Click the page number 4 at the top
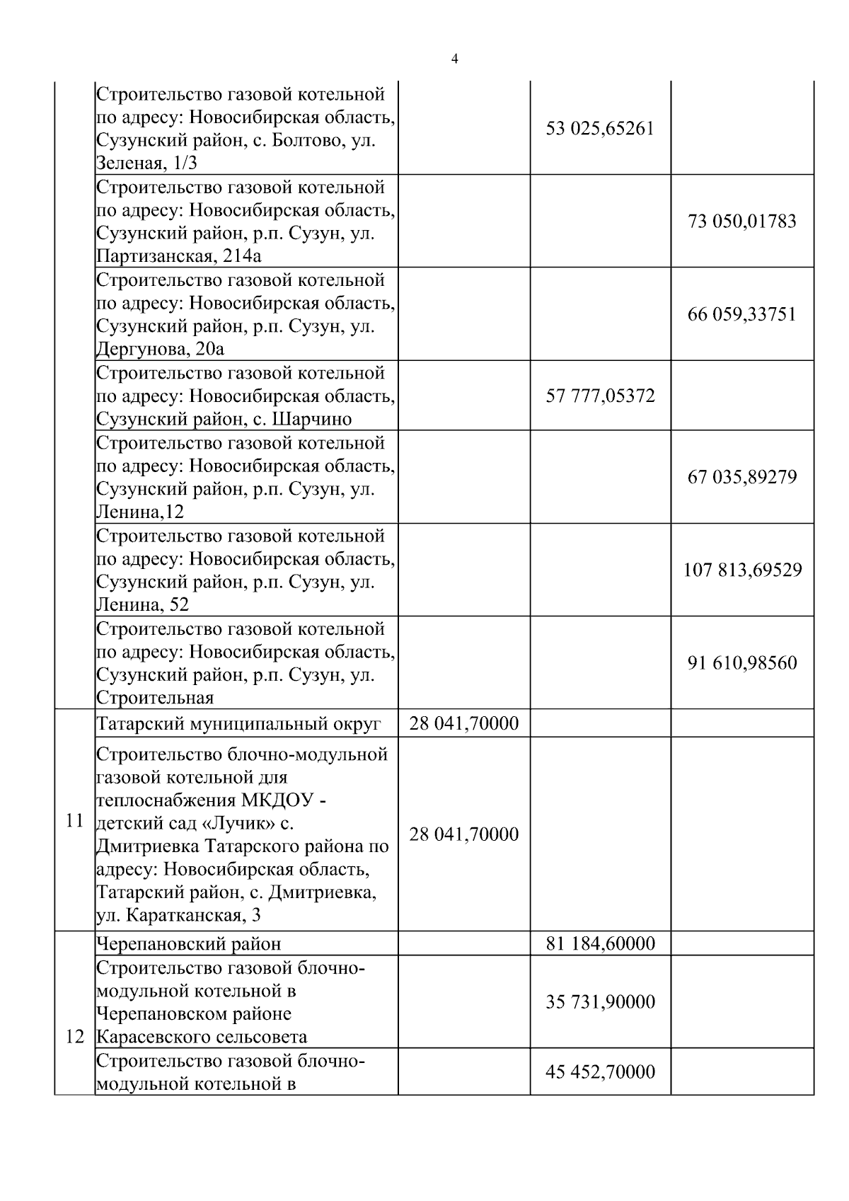click(x=454, y=59)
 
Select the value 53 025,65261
click(x=600, y=129)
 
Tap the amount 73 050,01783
click(x=742, y=222)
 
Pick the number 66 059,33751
click(x=742, y=314)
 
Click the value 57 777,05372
click(x=600, y=396)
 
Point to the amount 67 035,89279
click(x=742, y=477)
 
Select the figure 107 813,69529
click(x=742, y=570)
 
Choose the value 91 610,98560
click(x=742, y=663)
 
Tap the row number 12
click(x=74, y=1038)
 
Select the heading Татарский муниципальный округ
click(x=238, y=724)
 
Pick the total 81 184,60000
click(x=600, y=944)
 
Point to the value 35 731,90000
click(x=600, y=1002)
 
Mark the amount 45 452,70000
click(x=600, y=1072)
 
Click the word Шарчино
click(x=312, y=419)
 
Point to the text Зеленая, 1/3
click(x=146, y=163)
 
